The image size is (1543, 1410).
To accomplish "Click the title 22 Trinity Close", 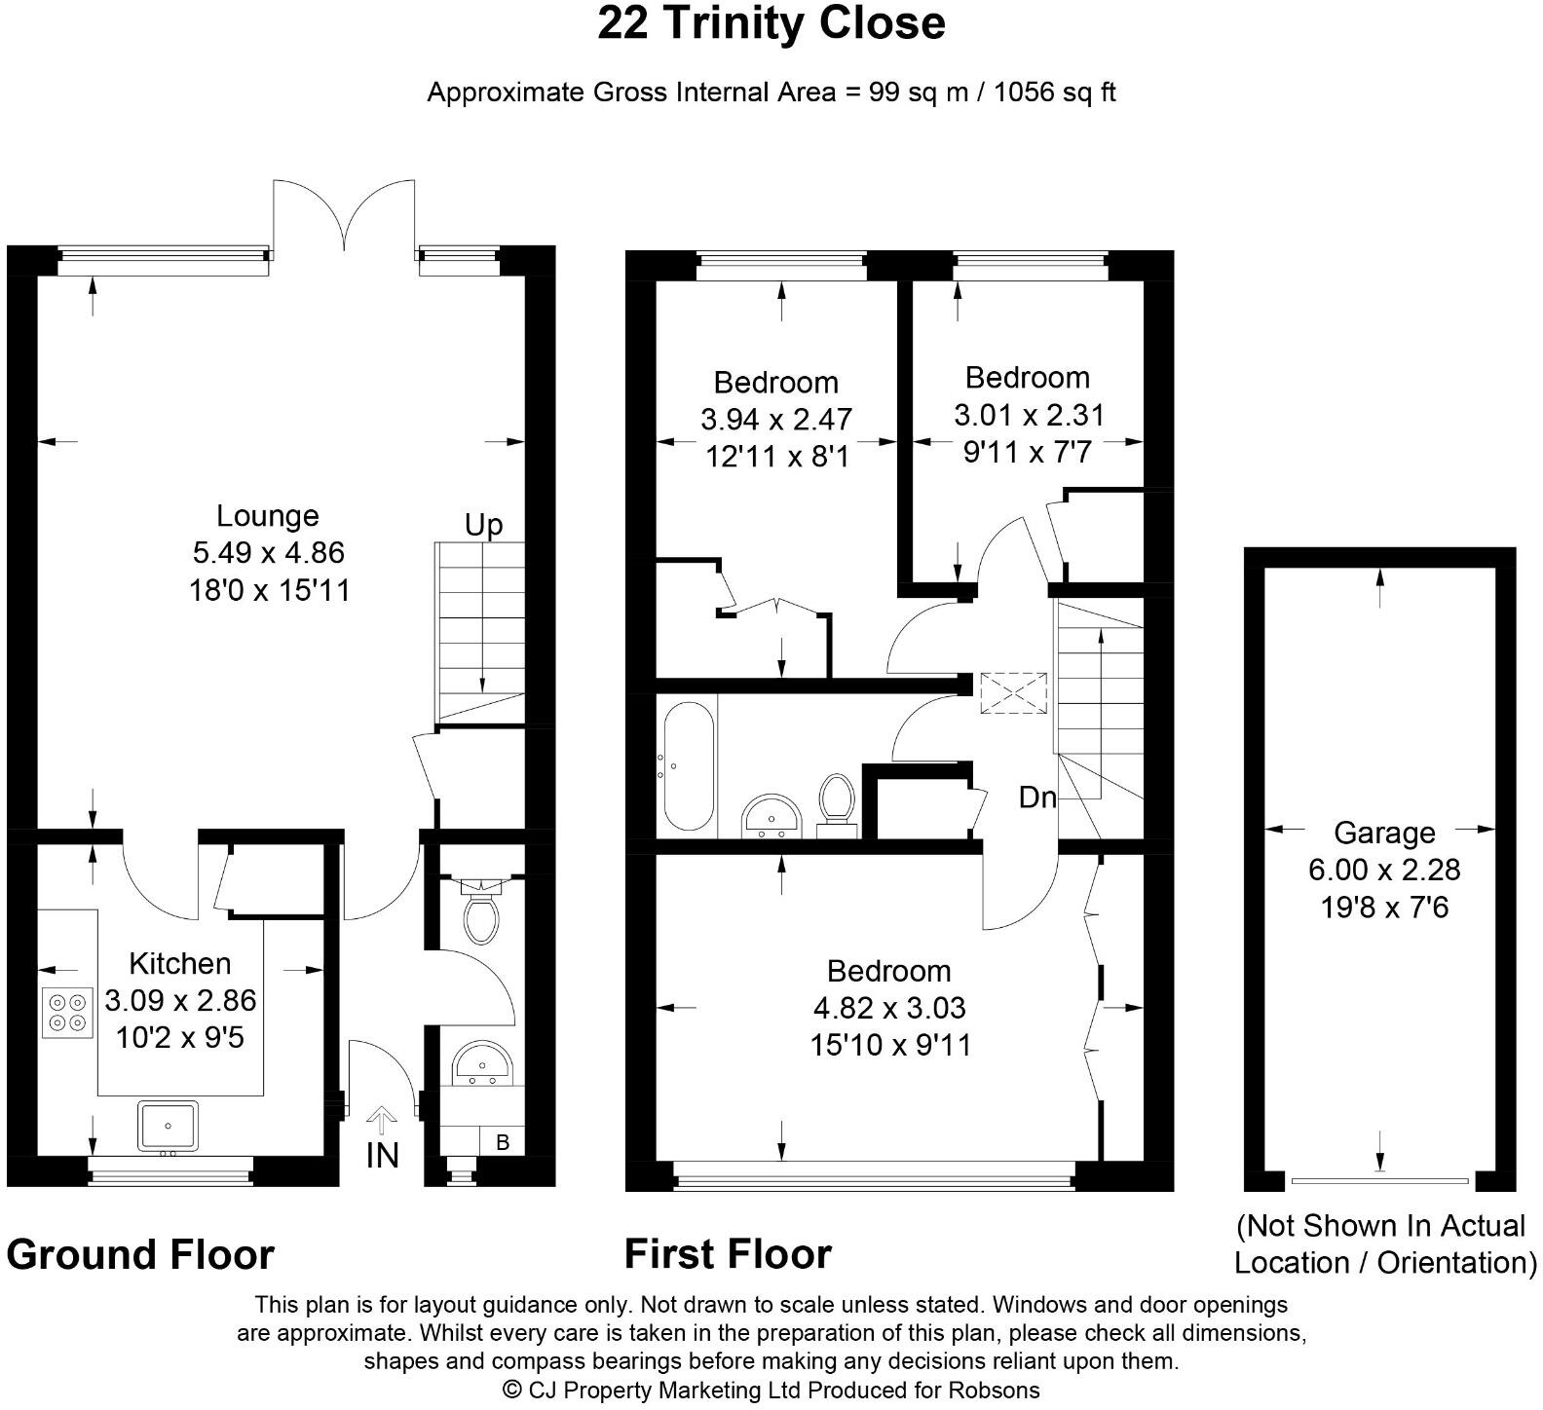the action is click(771, 22).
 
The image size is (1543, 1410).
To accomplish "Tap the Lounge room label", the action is click(268, 516).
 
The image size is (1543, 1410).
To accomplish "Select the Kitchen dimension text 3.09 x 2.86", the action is click(180, 1000).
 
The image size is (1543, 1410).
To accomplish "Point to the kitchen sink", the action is click(168, 1126).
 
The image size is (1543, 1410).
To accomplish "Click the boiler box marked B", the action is click(503, 1141).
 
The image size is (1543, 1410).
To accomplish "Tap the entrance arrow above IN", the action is click(381, 1121).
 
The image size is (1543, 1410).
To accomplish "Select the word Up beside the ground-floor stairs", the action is click(483, 526).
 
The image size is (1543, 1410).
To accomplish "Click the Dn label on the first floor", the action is click(1037, 798).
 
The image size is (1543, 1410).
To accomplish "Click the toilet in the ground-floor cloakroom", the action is click(480, 911).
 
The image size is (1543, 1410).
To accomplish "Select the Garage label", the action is click(1384, 833).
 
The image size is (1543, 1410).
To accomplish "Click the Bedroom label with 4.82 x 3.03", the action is click(888, 971).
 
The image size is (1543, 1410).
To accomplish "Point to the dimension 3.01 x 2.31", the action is click(1029, 415).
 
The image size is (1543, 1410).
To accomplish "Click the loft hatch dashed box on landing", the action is click(1013, 693).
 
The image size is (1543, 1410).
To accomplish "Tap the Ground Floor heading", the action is click(140, 1254).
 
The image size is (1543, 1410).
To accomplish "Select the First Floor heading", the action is click(728, 1253).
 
